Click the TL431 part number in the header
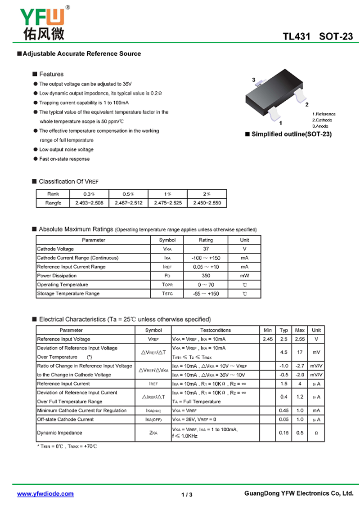coord(297,37)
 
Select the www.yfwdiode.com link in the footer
coord(45,494)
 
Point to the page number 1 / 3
coord(187,495)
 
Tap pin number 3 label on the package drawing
coord(254,80)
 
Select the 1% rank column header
coord(167,194)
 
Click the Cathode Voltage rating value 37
coord(206,249)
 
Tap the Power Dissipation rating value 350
coord(206,276)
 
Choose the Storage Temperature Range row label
coord(68,294)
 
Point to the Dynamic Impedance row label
coord(59,433)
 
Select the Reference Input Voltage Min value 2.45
coord(268,339)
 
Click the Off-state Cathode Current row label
coord(65,419)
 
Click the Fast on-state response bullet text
coord(64,159)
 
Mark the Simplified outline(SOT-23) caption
coord(291,134)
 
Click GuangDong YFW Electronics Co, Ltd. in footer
coord(299,494)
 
